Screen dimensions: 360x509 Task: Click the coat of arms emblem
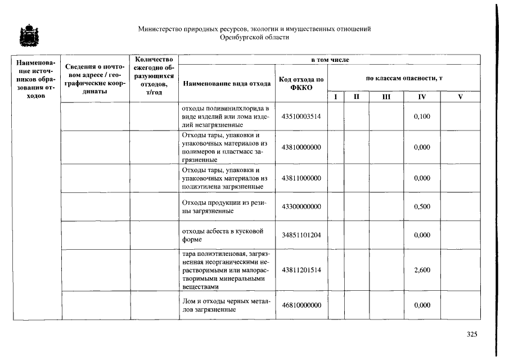26,36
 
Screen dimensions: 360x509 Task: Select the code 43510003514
301,116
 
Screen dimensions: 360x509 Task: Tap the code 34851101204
301,235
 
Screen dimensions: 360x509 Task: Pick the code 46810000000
301,305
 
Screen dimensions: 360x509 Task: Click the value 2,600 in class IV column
422,270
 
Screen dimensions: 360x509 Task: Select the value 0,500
422,206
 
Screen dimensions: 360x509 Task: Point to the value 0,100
422,116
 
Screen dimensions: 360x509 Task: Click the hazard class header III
386,97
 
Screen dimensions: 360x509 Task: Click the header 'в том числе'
330,59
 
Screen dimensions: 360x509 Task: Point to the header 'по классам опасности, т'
403,78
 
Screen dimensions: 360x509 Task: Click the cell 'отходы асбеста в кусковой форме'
223,235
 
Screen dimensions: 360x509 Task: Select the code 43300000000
301,206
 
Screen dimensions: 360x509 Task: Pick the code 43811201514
301,270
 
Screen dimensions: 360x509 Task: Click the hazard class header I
336,97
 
